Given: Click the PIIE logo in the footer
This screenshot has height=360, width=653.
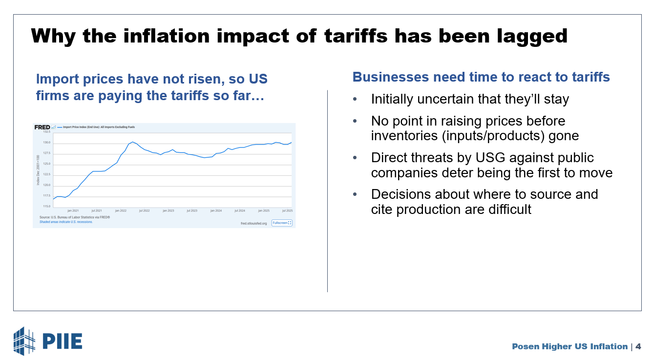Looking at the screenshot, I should [47, 340].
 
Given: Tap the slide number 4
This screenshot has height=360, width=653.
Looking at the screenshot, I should [638, 346].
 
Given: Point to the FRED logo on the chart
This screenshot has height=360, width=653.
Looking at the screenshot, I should [42, 127].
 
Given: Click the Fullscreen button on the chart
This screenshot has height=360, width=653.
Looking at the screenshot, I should [282, 223].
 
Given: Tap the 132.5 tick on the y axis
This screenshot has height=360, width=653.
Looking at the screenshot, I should [47, 132].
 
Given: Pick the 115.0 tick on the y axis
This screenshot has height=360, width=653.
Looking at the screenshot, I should [47, 206].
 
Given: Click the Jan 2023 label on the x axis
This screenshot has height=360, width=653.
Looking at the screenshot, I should [168, 211].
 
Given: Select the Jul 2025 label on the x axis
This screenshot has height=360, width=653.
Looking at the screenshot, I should [287, 211].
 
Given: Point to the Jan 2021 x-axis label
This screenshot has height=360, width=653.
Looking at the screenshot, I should [72, 211].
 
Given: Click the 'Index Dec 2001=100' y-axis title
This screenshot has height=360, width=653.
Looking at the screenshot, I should [38, 169].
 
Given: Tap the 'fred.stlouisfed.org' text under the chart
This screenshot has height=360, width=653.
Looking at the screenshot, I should [254, 223].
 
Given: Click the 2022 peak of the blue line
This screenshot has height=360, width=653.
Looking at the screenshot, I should [132, 142].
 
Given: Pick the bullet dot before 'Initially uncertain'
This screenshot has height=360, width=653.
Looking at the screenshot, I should [355, 100].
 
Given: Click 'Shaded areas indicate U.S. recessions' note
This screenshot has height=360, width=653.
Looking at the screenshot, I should [66, 222].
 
